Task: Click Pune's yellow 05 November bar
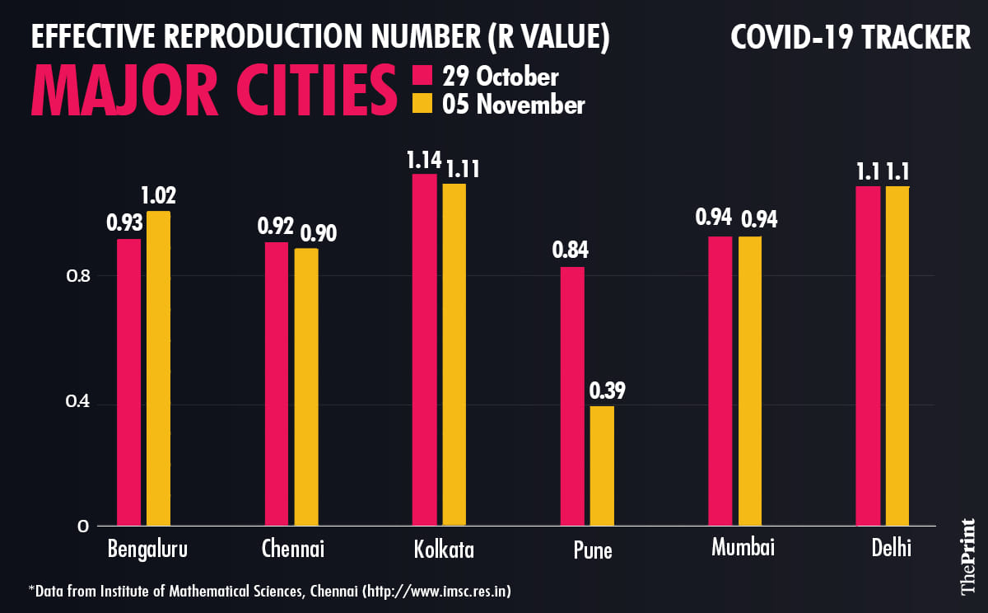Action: (601, 466)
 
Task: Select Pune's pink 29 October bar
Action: (572, 395)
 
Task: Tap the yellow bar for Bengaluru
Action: (158, 368)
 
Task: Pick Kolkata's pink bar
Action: (425, 349)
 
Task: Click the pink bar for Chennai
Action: (277, 384)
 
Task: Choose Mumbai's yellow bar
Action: (750, 381)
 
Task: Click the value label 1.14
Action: (424, 159)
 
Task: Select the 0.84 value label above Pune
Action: (571, 250)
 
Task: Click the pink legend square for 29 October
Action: (422, 77)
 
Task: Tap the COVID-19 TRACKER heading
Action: (851, 38)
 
